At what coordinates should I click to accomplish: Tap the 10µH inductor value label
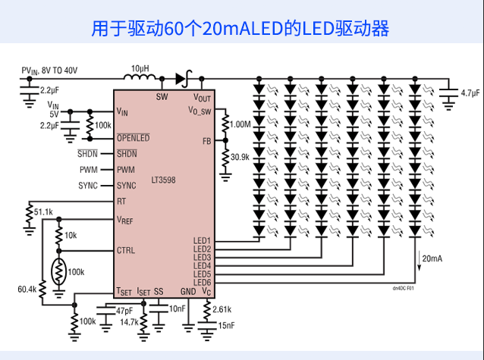point(140,68)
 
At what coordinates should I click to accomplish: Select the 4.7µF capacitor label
point(470,93)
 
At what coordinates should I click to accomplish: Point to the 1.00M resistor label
point(240,124)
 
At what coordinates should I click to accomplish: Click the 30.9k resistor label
point(240,157)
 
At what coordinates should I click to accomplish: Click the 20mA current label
point(432,259)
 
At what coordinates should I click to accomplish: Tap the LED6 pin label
point(203,283)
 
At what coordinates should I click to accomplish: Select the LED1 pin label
point(203,241)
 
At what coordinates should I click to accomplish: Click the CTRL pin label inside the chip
point(126,250)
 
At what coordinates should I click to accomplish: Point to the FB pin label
point(206,142)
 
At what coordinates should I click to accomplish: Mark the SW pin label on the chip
point(162,97)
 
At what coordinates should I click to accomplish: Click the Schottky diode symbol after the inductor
point(181,77)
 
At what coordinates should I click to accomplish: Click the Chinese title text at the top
point(240,29)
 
